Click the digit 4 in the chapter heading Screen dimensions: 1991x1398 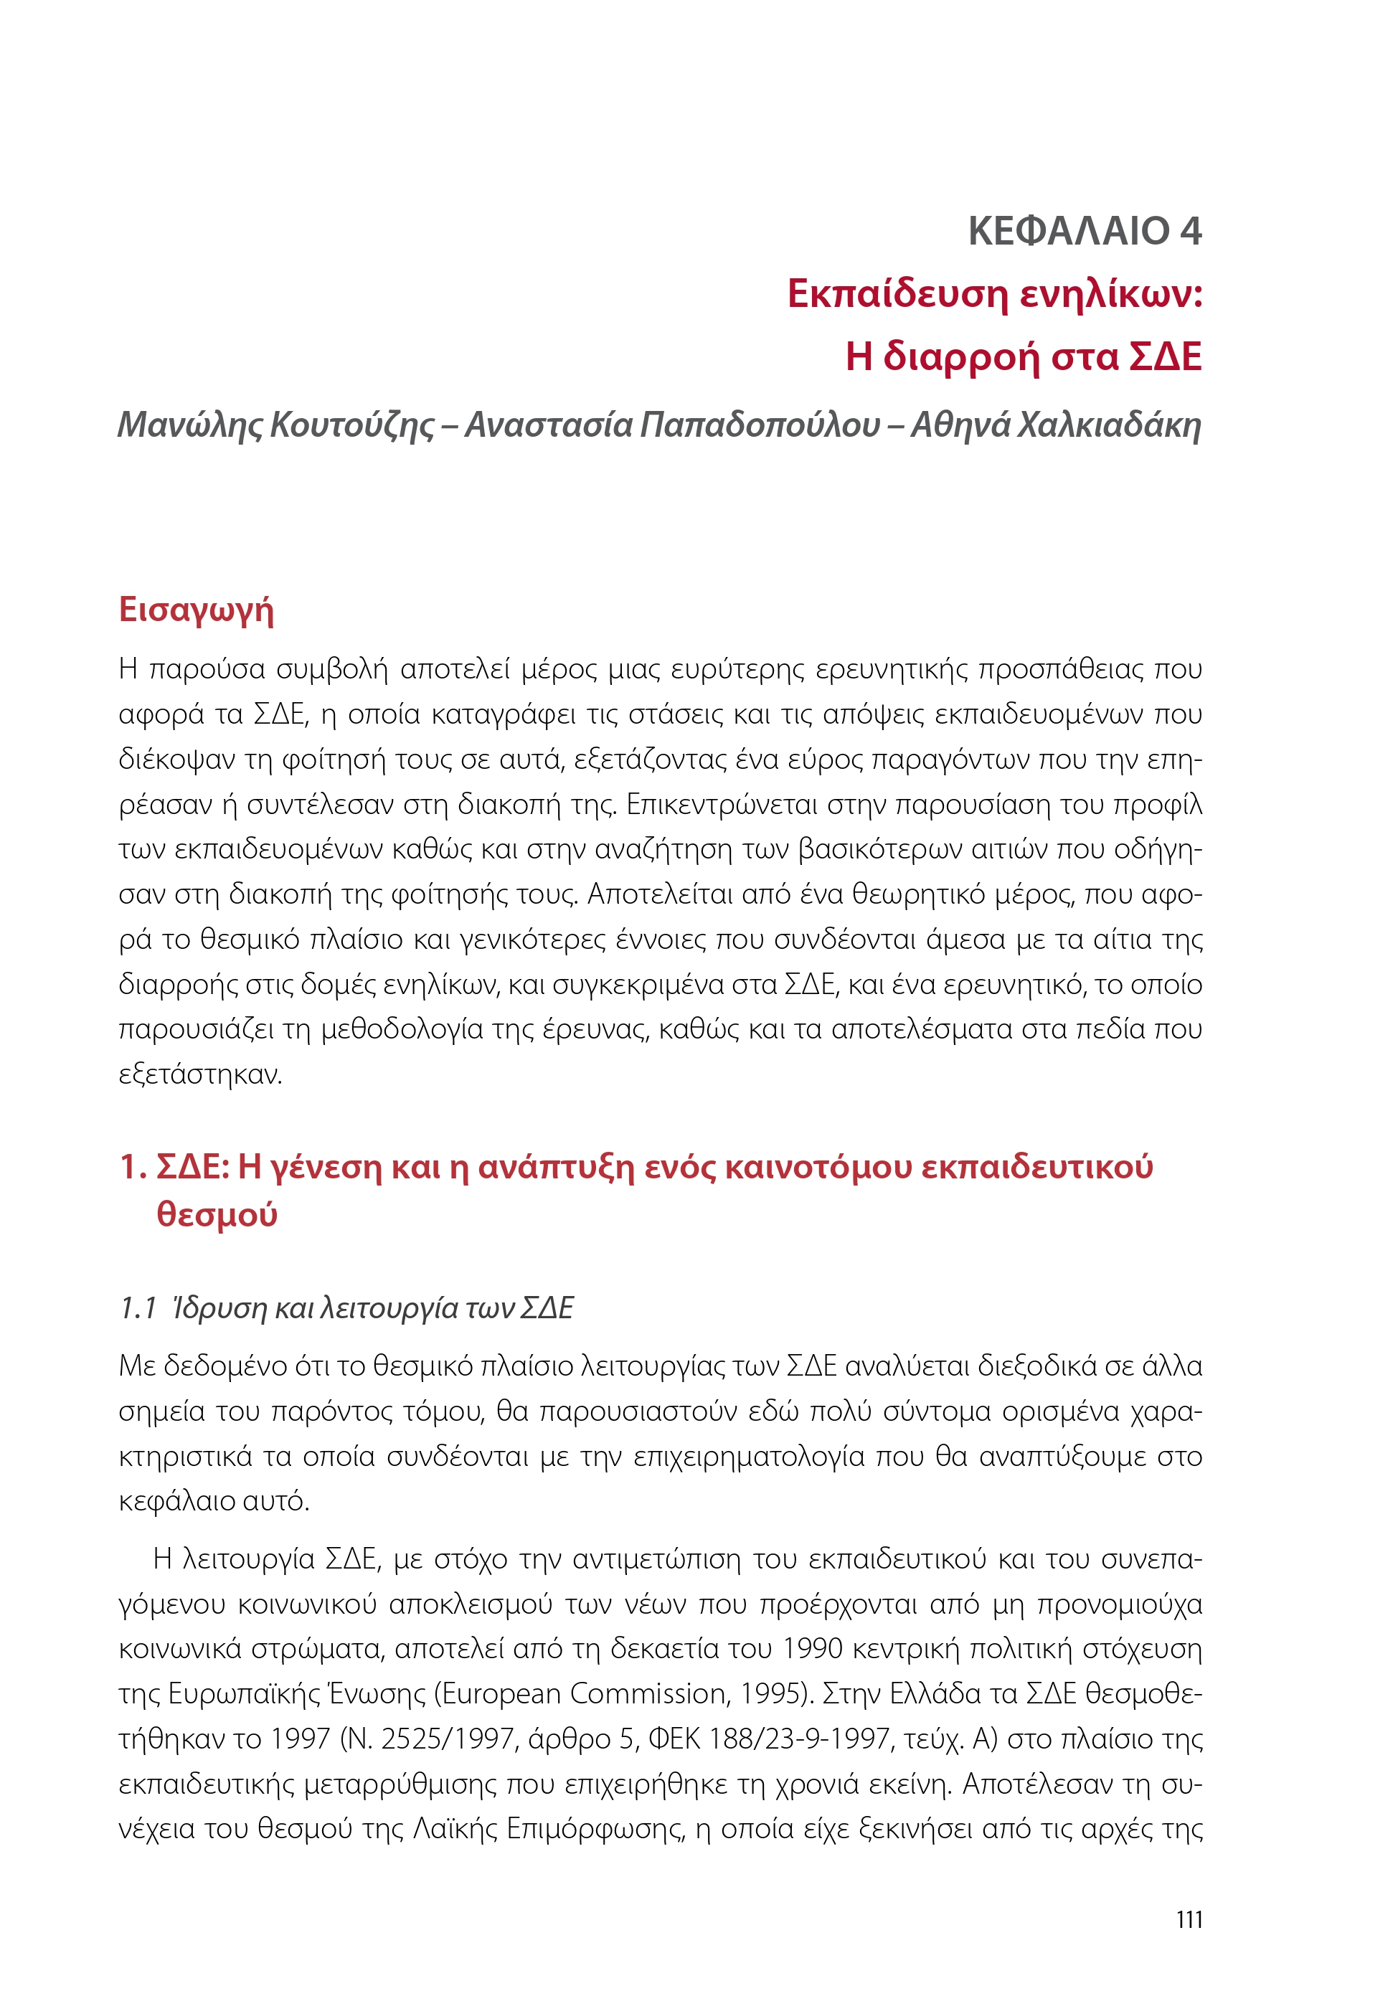coord(1189,231)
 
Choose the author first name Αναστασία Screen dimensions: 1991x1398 coord(548,425)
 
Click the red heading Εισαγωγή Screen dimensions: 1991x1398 coord(196,610)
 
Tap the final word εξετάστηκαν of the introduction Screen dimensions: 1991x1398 coord(200,1074)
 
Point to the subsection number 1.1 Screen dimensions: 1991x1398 coord(137,1307)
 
